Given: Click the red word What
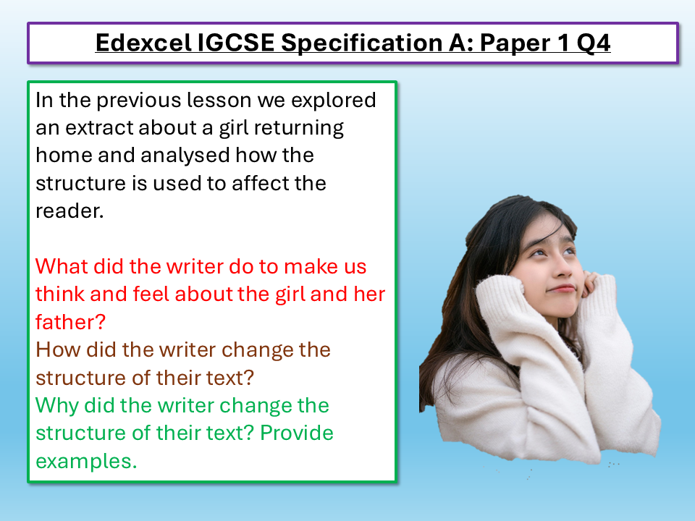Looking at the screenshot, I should (x=61, y=266).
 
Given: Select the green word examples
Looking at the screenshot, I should (x=85, y=461).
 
